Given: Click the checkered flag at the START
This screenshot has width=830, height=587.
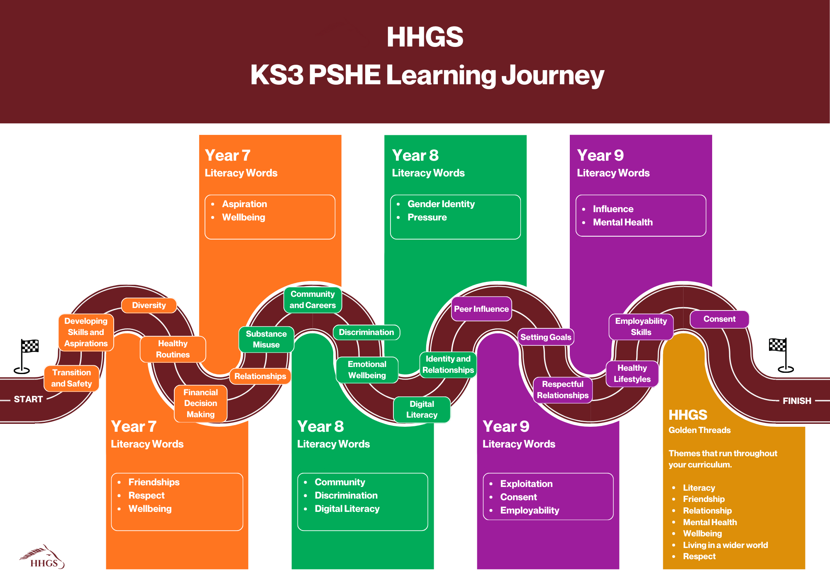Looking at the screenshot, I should (29, 346).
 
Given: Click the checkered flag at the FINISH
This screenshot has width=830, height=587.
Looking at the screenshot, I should (778, 345).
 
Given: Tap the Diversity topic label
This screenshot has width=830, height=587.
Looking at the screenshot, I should (149, 306).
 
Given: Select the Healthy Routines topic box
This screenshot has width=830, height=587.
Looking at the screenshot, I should (173, 349).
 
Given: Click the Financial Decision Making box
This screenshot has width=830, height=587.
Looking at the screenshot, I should (200, 404).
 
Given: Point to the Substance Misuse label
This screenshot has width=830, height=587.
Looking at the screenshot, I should (266, 340).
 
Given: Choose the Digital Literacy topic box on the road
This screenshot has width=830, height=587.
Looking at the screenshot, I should (422, 410).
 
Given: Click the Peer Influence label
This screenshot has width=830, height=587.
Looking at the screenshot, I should (481, 309).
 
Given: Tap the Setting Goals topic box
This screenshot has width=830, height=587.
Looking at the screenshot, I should (546, 337).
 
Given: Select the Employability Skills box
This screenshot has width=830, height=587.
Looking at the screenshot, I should (641, 327).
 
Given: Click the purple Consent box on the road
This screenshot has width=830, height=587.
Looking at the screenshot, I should (719, 319).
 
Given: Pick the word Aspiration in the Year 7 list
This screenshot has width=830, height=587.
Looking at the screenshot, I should (244, 204).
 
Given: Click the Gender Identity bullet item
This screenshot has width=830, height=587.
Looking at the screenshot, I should (441, 204).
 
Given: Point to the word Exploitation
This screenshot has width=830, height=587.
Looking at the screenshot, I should (526, 484).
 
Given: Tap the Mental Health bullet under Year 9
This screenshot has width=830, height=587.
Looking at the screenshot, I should (622, 223).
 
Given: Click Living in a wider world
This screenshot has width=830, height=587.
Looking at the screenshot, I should (725, 545).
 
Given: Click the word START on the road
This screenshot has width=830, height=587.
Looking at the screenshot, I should (28, 399).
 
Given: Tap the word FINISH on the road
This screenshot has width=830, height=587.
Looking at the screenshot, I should (796, 401).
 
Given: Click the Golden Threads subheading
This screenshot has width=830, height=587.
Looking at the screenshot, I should (699, 430).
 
